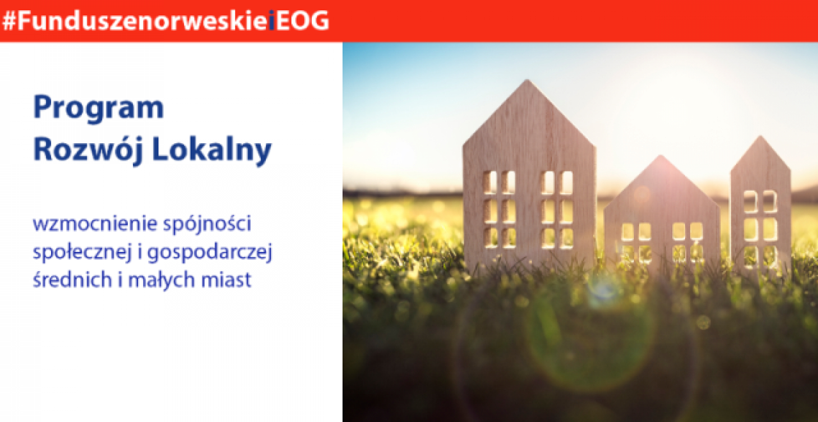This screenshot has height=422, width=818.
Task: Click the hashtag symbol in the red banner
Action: point(10,21)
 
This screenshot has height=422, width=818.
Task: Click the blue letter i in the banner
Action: point(271,21)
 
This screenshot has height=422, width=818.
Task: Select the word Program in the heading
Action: point(99,108)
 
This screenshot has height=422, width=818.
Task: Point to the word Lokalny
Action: point(212,150)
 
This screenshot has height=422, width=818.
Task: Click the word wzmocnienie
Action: point(95,224)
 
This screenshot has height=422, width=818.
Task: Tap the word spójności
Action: point(207,224)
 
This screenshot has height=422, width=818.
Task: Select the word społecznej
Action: point(82,253)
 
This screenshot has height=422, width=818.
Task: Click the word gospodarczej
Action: point(210,253)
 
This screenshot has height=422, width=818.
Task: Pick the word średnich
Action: point(72,280)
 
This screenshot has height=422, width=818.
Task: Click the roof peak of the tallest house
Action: point(527,80)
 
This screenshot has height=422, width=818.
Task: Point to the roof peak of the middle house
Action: point(660,157)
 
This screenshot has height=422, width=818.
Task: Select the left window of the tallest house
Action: point(499,210)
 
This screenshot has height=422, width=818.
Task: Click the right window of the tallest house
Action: point(557,210)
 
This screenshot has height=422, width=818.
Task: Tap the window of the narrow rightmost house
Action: point(761,229)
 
